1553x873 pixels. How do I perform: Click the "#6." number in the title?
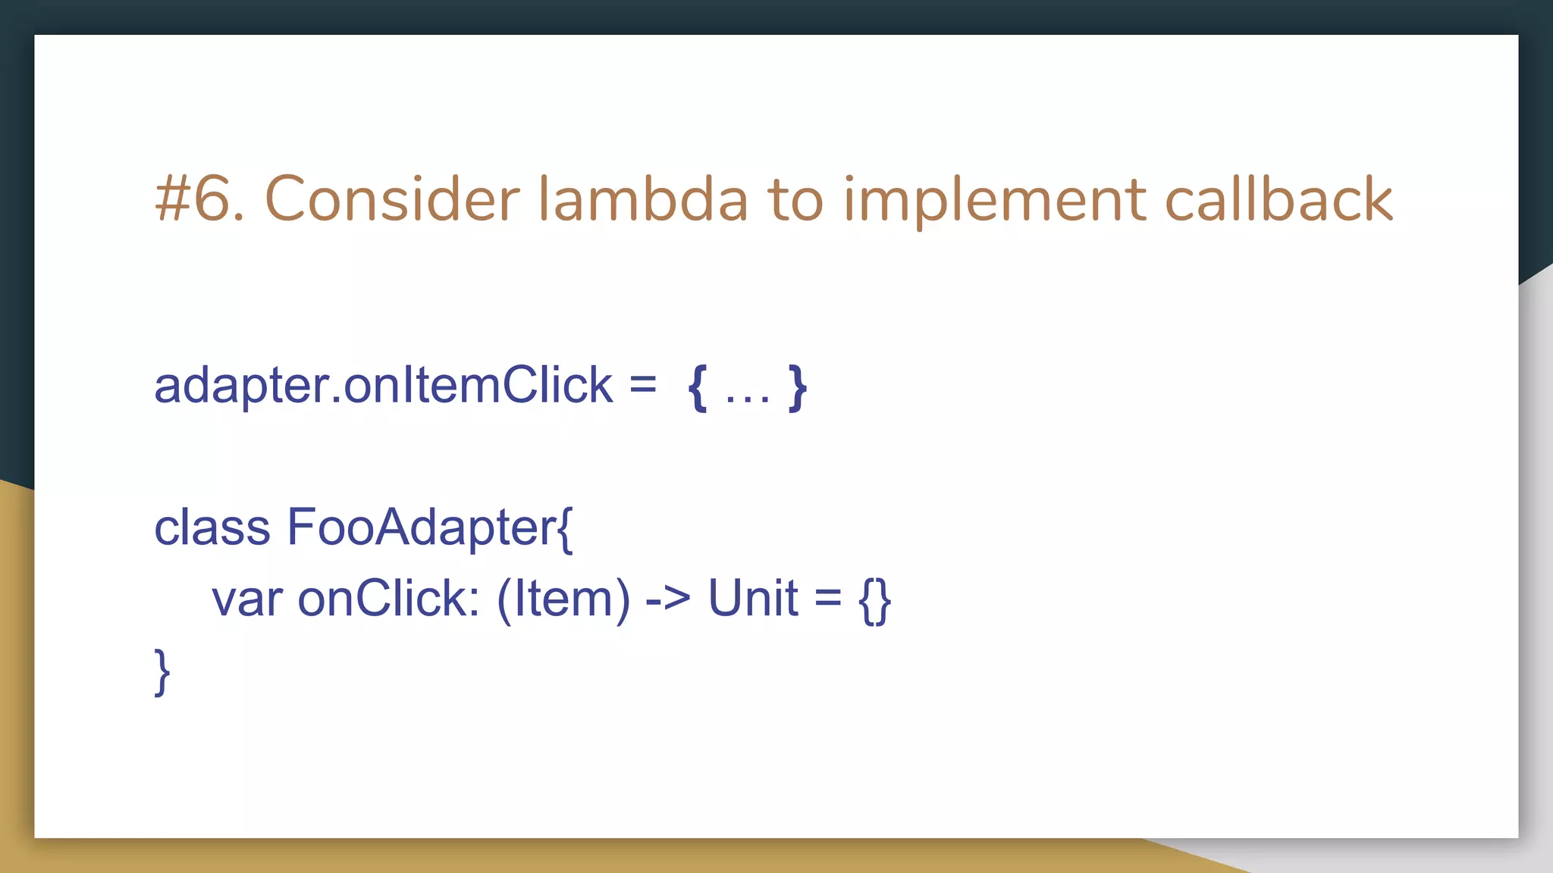199,199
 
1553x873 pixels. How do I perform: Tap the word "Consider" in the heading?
391,199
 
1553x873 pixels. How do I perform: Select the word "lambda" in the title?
643,199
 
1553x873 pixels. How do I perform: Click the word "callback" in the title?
1278,199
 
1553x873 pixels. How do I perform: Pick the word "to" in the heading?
795,199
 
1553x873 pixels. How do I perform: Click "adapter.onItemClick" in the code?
383,385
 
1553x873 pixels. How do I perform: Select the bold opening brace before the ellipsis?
698,387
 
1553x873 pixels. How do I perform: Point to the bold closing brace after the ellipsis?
797,387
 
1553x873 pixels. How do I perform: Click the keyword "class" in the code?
212,527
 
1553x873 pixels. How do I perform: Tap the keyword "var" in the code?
246,599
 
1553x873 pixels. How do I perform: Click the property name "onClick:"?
389,599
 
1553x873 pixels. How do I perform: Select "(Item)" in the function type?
563,599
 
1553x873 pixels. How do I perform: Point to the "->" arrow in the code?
668,599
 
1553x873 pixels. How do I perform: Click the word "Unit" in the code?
752,599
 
